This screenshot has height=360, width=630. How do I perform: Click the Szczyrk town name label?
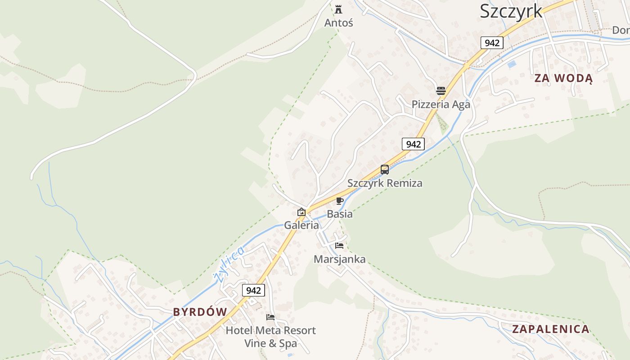pyautogui.click(x=511, y=11)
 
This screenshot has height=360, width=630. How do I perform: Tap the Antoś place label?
pyautogui.click(x=339, y=22)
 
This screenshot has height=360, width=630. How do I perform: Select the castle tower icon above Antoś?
pyautogui.click(x=338, y=9)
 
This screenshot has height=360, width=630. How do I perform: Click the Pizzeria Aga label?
pyautogui.click(x=441, y=104)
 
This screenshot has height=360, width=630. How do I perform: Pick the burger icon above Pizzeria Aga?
pyautogui.click(x=441, y=90)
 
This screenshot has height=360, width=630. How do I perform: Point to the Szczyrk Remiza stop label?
pyautogui.click(x=385, y=183)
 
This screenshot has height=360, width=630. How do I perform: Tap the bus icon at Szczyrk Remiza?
pyautogui.click(x=385, y=170)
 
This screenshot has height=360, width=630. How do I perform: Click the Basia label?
pyautogui.click(x=340, y=214)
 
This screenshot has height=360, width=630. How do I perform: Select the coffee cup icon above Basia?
pyautogui.click(x=340, y=201)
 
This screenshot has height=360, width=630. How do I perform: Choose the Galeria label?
pyautogui.click(x=301, y=225)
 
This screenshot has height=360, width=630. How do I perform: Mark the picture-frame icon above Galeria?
pyautogui.click(x=301, y=212)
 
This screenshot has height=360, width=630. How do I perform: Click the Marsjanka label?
pyautogui.click(x=339, y=259)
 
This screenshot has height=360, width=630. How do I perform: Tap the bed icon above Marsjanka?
pyautogui.click(x=339, y=246)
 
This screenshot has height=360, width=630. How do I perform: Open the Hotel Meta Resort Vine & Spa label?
pyautogui.click(x=270, y=337)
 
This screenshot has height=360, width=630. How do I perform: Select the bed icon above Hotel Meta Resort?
pyautogui.click(x=270, y=317)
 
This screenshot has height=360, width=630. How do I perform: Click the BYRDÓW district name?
pyautogui.click(x=200, y=312)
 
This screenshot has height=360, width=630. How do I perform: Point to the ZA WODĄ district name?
pyautogui.click(x=563, y=78)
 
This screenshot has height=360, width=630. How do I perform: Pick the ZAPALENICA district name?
pyautogui.click(x=551, y=329)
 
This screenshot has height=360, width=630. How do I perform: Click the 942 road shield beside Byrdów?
pyautogui.click(x=253, y=290)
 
